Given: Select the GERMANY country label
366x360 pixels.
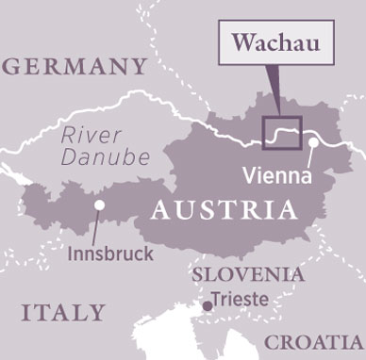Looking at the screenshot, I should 75,67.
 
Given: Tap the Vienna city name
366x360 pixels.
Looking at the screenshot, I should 274,174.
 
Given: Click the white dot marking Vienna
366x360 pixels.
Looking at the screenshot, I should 311,143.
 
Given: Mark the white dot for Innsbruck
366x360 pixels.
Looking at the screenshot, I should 100,205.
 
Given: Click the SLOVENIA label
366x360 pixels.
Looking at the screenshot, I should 248,275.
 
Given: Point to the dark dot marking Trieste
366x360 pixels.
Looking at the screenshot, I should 208,304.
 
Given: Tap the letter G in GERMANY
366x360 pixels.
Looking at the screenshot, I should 13,67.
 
